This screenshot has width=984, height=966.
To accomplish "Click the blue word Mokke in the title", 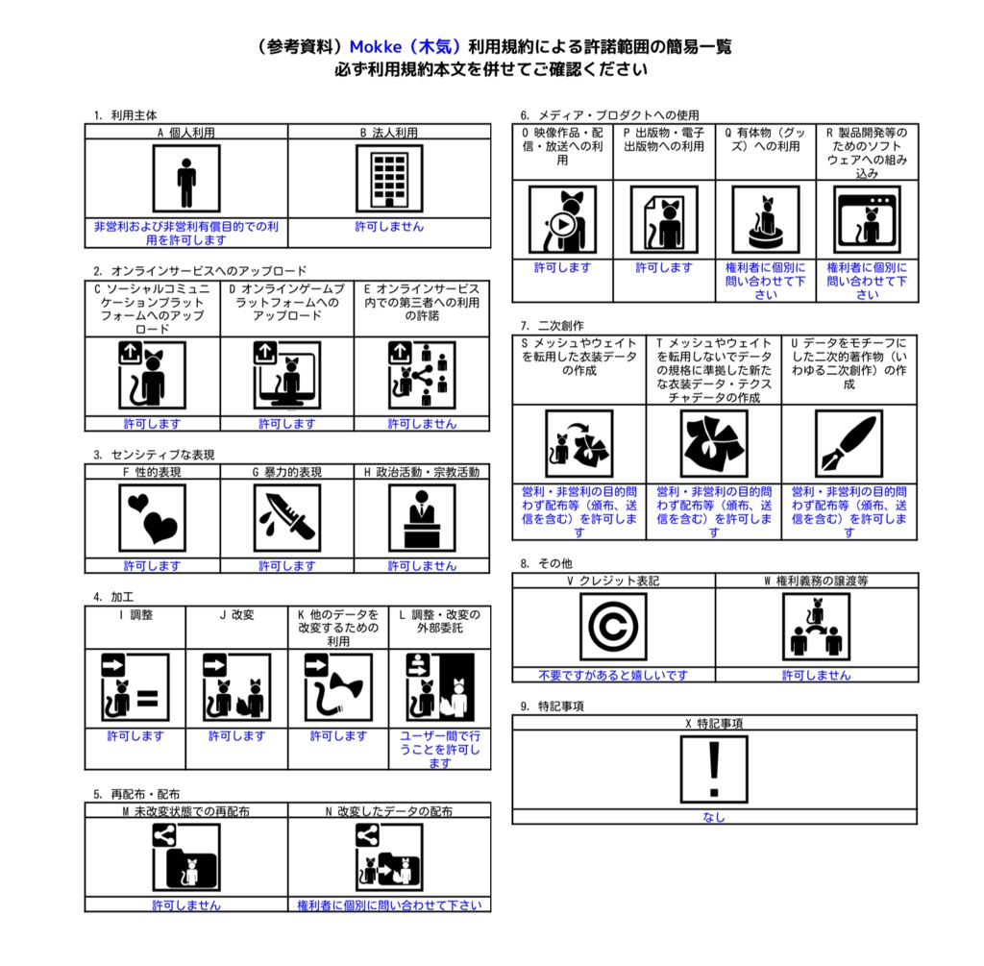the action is pos(376,47).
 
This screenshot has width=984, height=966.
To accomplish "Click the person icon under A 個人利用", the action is pos(186,179).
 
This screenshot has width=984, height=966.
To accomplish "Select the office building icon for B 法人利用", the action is pos(389,179).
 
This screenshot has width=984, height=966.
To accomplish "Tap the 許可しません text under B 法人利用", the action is pos(389,227).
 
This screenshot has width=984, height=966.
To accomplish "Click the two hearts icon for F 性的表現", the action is pos(152,518).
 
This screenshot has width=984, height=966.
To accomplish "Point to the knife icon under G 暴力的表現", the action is pos(286,518).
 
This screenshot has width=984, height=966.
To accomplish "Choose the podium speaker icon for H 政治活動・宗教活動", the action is pos(422,518).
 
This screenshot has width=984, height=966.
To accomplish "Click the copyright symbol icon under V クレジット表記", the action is pos(613,627).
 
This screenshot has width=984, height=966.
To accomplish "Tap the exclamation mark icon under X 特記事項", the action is pos(714,770).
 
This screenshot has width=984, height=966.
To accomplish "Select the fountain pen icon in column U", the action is pos(849,444).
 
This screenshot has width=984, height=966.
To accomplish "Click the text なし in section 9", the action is pos(714,817).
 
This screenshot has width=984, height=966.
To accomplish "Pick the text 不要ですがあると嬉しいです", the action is pos(613,676).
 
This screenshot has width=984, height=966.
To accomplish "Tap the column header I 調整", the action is pos(135,614).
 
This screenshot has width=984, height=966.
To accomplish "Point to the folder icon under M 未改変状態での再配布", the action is pos(186,857).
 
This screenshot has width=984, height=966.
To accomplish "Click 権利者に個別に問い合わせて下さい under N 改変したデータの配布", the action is pos(389,905).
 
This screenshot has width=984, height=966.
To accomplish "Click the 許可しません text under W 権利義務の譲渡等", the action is pos(816,676).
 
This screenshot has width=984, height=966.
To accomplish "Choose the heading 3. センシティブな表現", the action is pos(154,455).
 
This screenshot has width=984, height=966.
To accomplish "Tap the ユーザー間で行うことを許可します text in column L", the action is pos(440,750).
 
